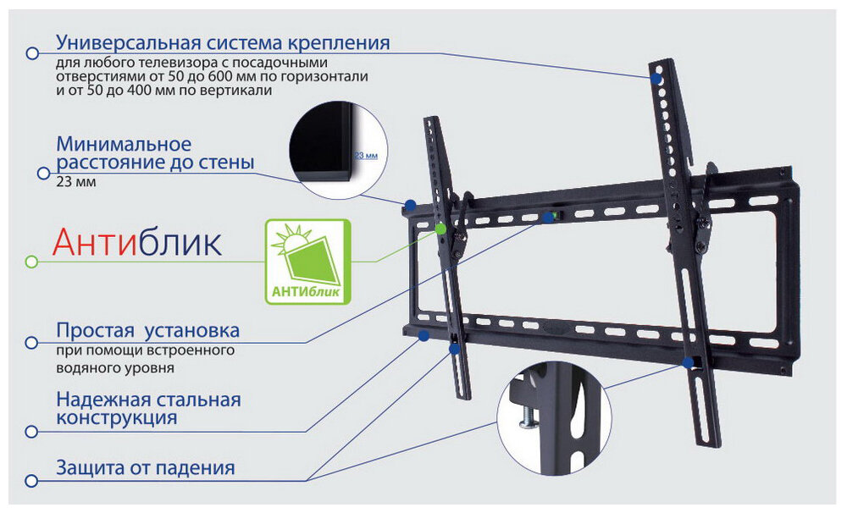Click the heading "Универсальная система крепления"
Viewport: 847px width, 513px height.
point(223,42)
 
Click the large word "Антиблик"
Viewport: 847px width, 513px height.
point(137,244)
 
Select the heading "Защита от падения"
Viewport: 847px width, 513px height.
point(145,467)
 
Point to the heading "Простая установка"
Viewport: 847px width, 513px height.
point(147,329)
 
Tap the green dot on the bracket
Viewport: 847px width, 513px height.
point(441,228)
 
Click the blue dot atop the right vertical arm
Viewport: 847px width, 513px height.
point(656,77)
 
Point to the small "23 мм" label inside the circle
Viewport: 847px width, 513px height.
point(365,156)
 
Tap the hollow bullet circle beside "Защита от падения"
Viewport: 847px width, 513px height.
point(32,481)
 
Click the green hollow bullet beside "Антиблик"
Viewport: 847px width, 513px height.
point(32,262)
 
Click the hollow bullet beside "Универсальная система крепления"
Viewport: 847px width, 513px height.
point(32,53)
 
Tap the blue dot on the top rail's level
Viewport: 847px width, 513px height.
point(548,218)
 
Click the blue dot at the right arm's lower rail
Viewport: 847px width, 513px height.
point(687,362)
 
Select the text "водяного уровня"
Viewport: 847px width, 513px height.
point(115,368)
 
